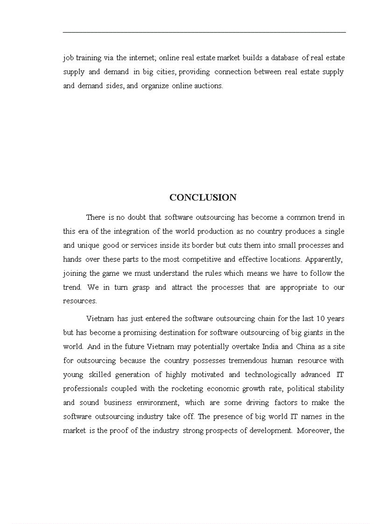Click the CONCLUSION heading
click(x=203, y=197)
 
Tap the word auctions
click(x=210, y=86)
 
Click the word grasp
click(x=141, y=287)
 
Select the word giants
click(x=303, y=333)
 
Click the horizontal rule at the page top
click(x=204, y=32)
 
